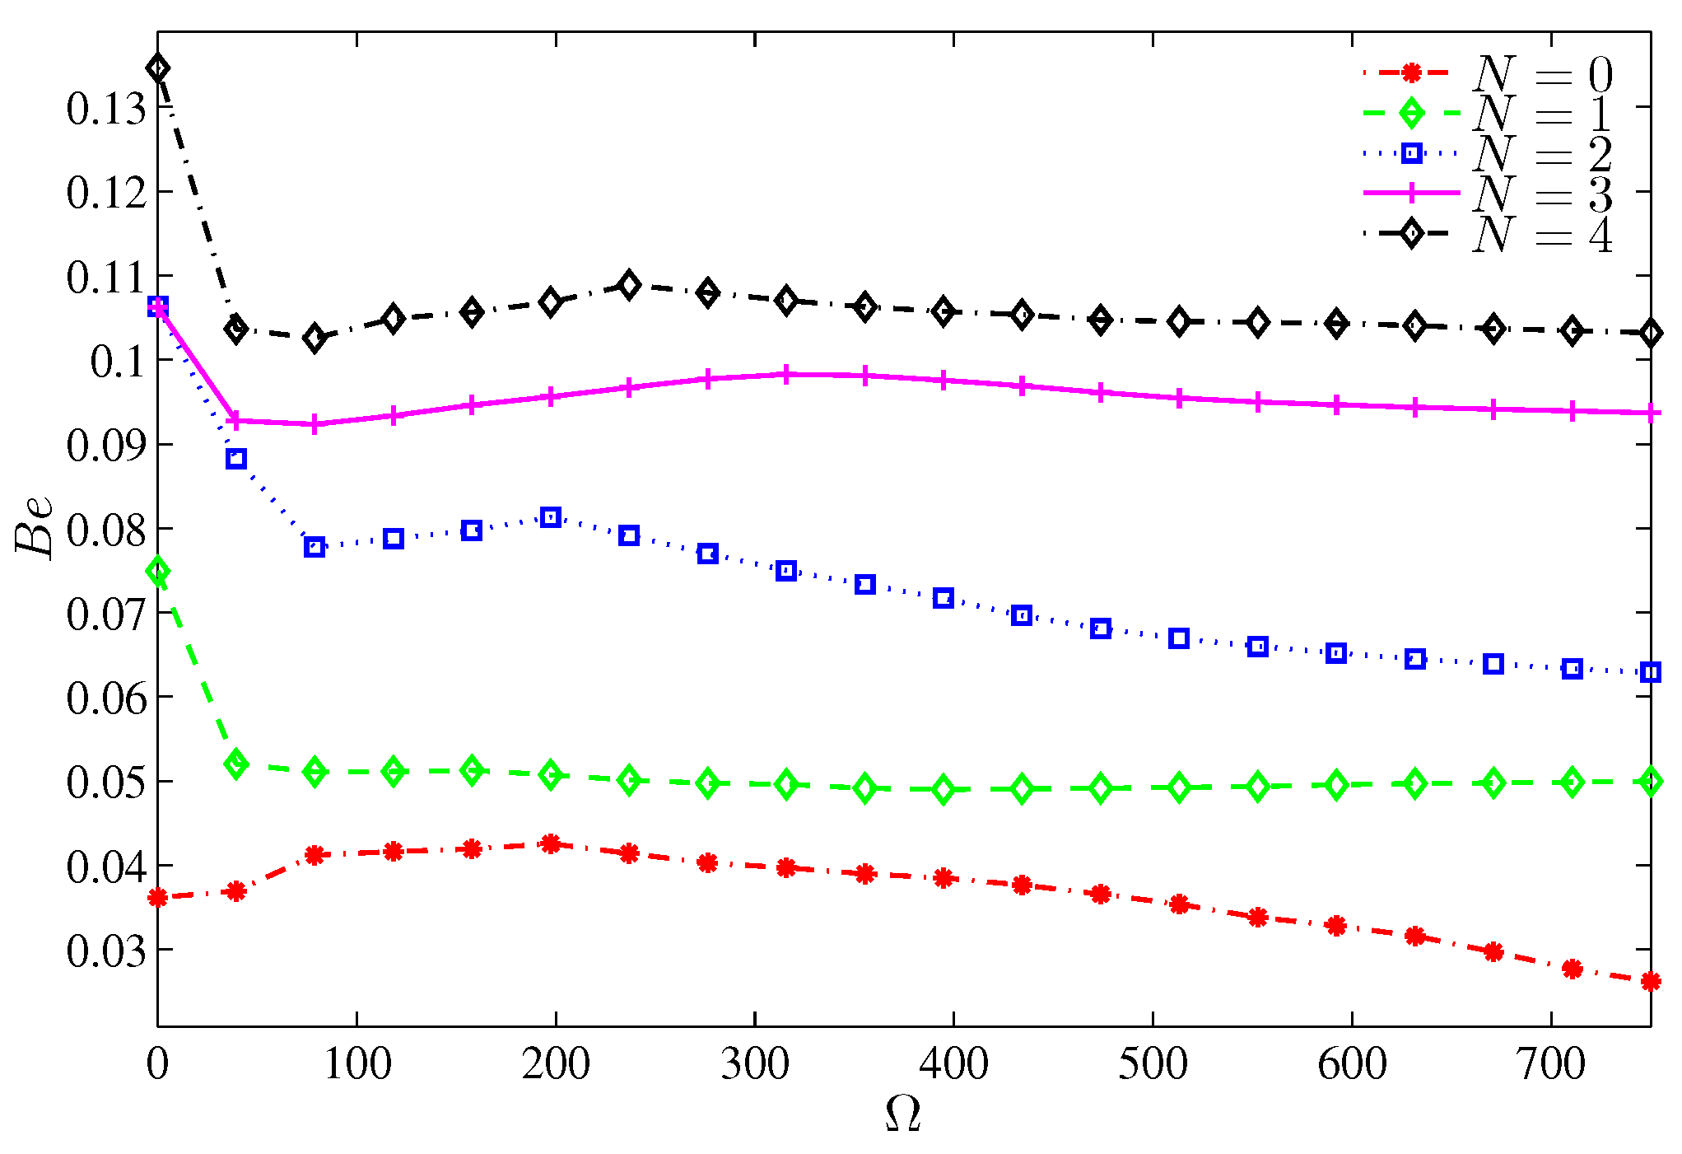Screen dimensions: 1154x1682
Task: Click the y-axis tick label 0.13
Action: pos(106,109)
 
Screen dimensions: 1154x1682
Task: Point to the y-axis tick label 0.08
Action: pos(106,530)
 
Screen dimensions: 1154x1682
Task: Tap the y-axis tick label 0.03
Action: pos(106,951)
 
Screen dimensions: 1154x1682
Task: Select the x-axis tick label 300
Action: pos(754,1063)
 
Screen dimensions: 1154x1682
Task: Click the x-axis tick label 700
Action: pos(1550,1063)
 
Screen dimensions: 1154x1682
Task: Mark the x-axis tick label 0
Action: pos(157,1063)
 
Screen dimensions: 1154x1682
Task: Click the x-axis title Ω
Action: pos(903,1114)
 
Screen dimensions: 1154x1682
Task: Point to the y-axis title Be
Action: pos(35,527)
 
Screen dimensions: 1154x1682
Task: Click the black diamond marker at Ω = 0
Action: pos(158,68)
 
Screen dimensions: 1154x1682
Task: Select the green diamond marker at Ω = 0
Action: pos(158,572)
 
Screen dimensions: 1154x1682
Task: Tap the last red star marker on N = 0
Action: pos(1650,981)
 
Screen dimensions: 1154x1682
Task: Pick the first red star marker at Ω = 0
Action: pos(158,897)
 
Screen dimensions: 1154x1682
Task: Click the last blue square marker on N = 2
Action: pos(1650,672)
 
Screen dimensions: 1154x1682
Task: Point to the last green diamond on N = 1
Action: pos(1650,781)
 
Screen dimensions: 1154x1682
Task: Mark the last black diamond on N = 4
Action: pos(1650,333)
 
